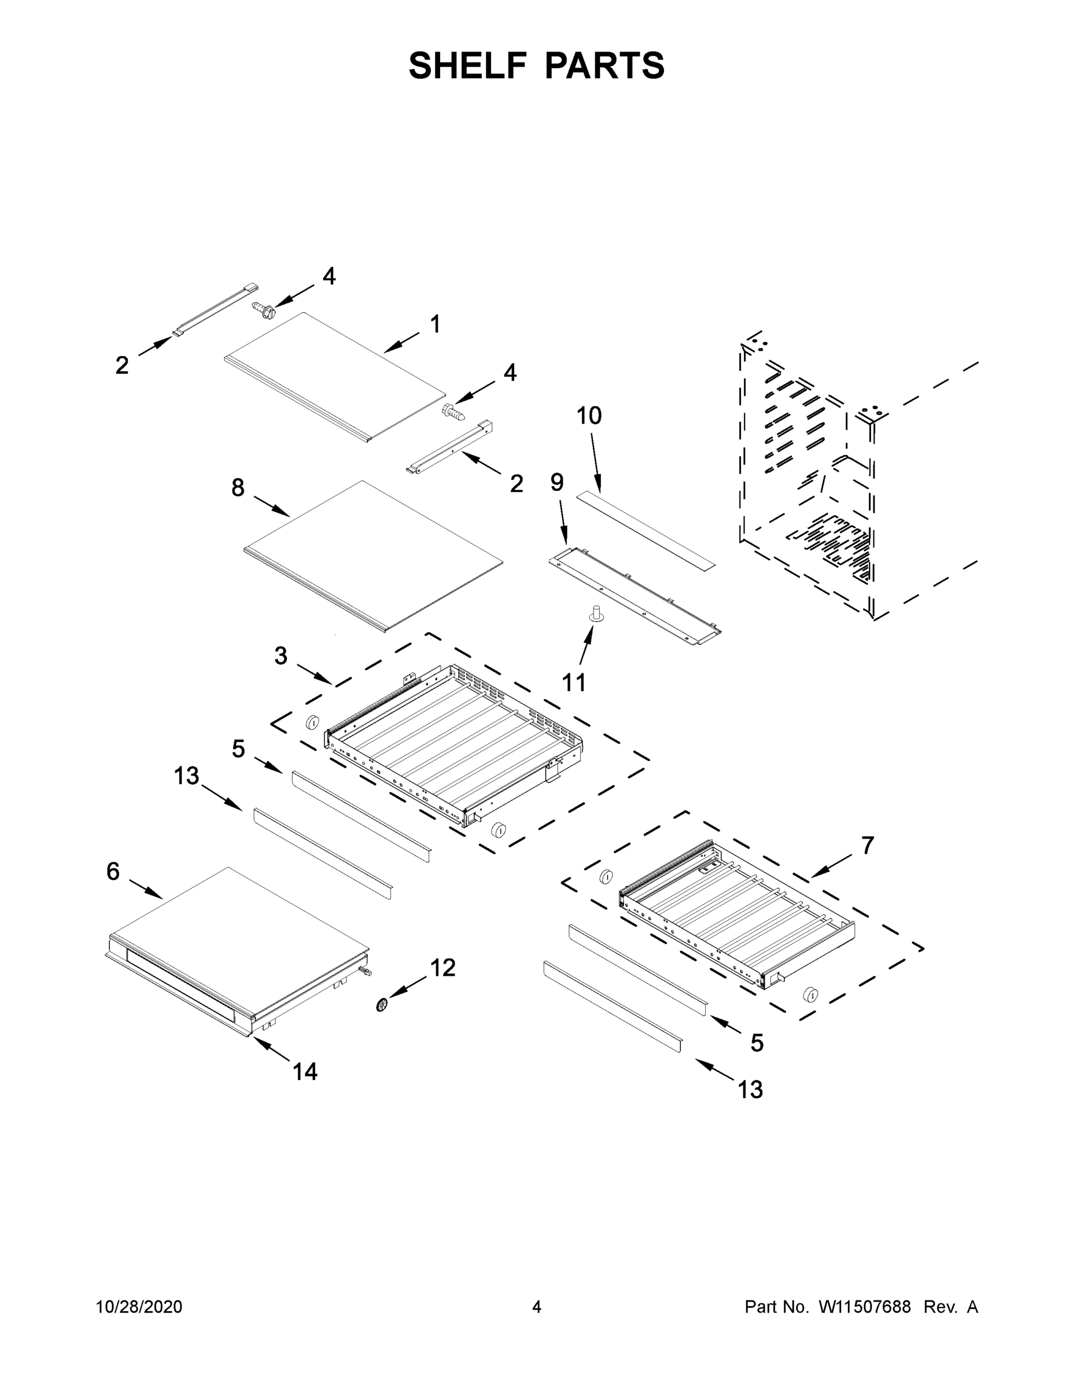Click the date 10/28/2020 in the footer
click(x=139, y=1307)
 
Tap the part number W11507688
click(x=865, y=1307)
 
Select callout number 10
click(x=589, y=416)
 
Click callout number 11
click(x=574, y=683)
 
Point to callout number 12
click(x=443, y=968)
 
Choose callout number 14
click(x=304, y=1072)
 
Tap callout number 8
click(x=238, y=488)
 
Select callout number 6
click(x=113, y=871)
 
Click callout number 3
click(x=281, y=656)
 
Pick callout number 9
click(x=557, y=483)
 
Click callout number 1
click(x=436, y=324)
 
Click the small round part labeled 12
click(x=382, y=1005)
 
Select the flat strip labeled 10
click(x=645, y=530)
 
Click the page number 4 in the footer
click(x=537, y=1307)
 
